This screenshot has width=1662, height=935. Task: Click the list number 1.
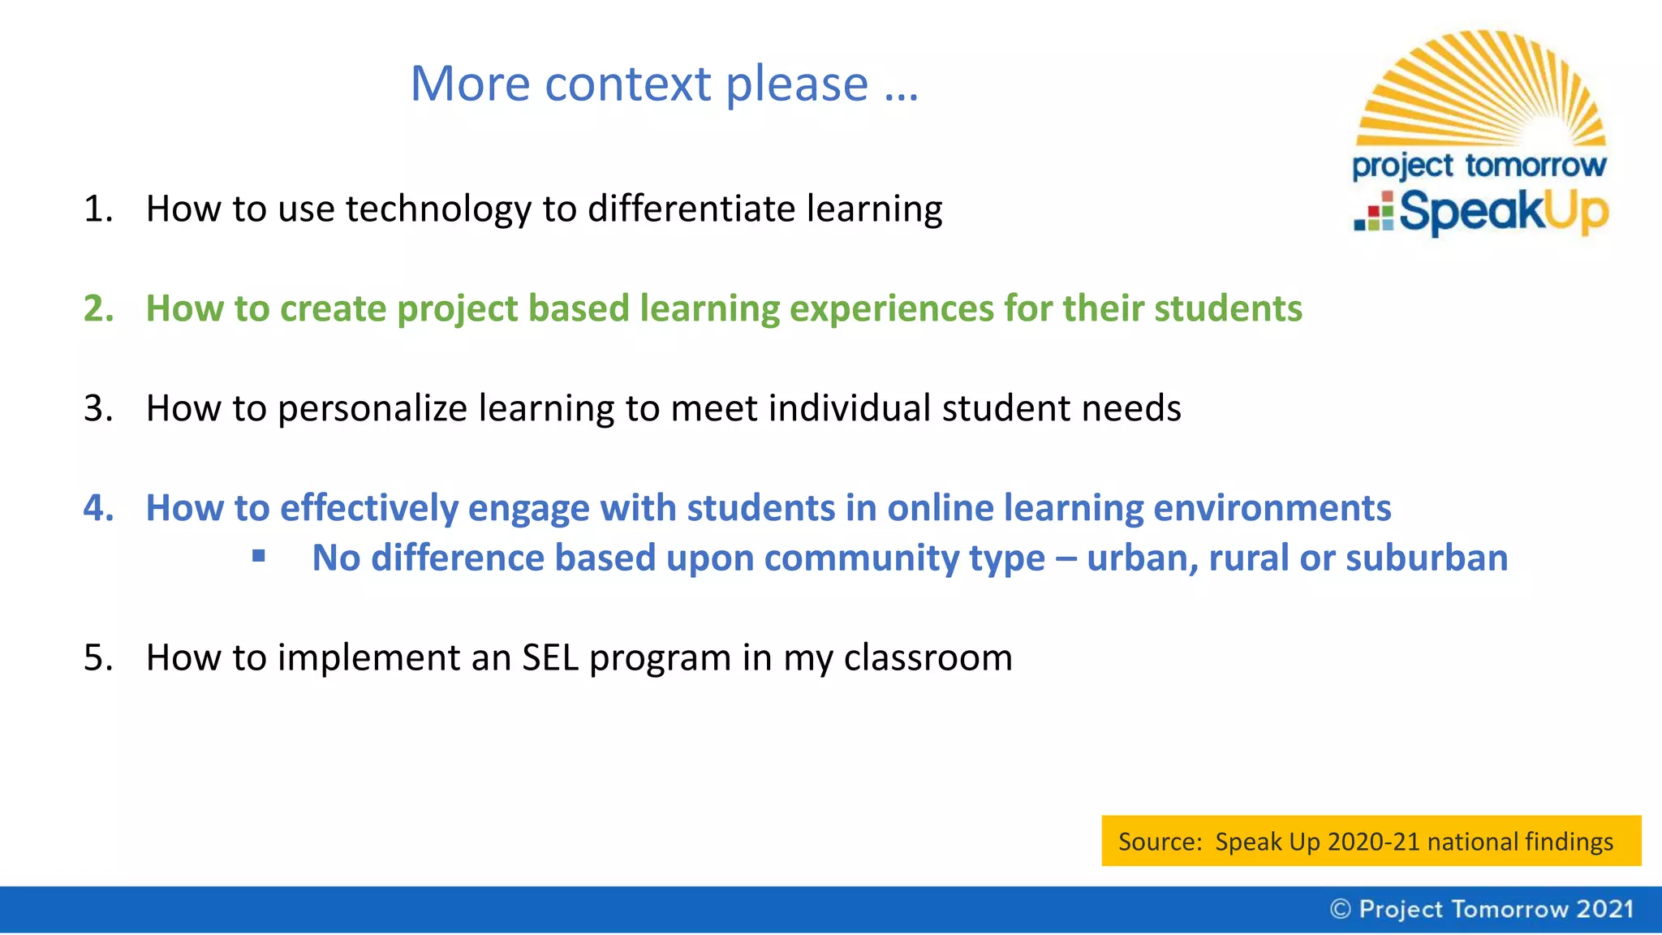coord(97,209)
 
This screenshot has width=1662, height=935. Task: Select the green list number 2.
coord(97,309)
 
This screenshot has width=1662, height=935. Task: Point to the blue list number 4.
coord(97,509)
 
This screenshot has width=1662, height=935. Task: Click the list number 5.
coord(97,657)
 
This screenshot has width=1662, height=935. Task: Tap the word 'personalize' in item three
coord(372,409)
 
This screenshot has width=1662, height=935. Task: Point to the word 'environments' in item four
coord(1272,509)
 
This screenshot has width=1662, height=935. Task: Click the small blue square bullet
coord(259,556)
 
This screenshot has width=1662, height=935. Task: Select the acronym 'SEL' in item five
coord(549,657)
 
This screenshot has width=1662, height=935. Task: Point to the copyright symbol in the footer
coord(1340,909)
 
